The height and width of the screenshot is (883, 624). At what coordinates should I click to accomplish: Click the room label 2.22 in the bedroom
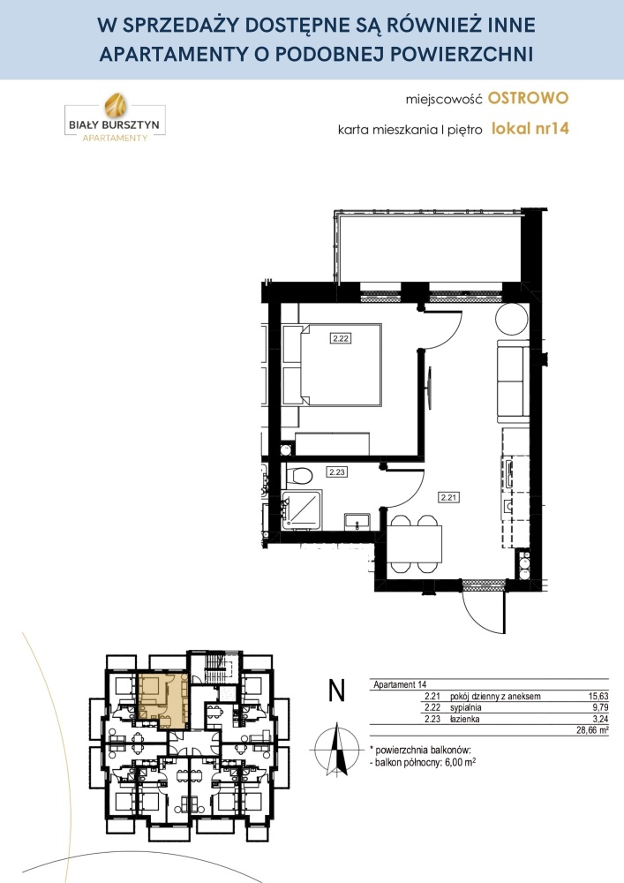[341, 338]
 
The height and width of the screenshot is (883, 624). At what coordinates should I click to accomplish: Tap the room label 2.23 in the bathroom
[336, 472]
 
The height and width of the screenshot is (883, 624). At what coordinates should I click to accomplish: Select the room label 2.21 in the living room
[449, 497]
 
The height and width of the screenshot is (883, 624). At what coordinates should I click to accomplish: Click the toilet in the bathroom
[299, 475]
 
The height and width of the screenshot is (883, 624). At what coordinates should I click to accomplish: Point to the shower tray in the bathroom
[302, 509]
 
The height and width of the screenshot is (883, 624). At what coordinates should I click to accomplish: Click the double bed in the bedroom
[332, 364]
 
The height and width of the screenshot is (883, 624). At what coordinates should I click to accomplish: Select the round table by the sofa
[511, 319]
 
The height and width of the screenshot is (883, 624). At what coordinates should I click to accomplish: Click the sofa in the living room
[513, 381]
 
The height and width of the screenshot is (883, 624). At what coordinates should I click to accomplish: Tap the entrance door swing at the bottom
[483, 611]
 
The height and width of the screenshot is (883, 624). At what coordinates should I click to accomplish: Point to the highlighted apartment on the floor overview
[163, 700]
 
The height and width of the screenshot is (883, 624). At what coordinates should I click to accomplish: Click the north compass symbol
[336, 750]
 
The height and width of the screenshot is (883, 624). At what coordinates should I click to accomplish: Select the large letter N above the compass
[336, 691]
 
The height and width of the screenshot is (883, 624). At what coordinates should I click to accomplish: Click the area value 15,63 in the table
[597, 696]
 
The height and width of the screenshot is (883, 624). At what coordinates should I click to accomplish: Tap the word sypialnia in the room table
[466, 708]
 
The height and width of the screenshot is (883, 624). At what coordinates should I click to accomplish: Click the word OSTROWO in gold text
[529, 98]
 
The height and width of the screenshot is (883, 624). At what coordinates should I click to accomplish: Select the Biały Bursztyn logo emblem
[115, 105]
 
